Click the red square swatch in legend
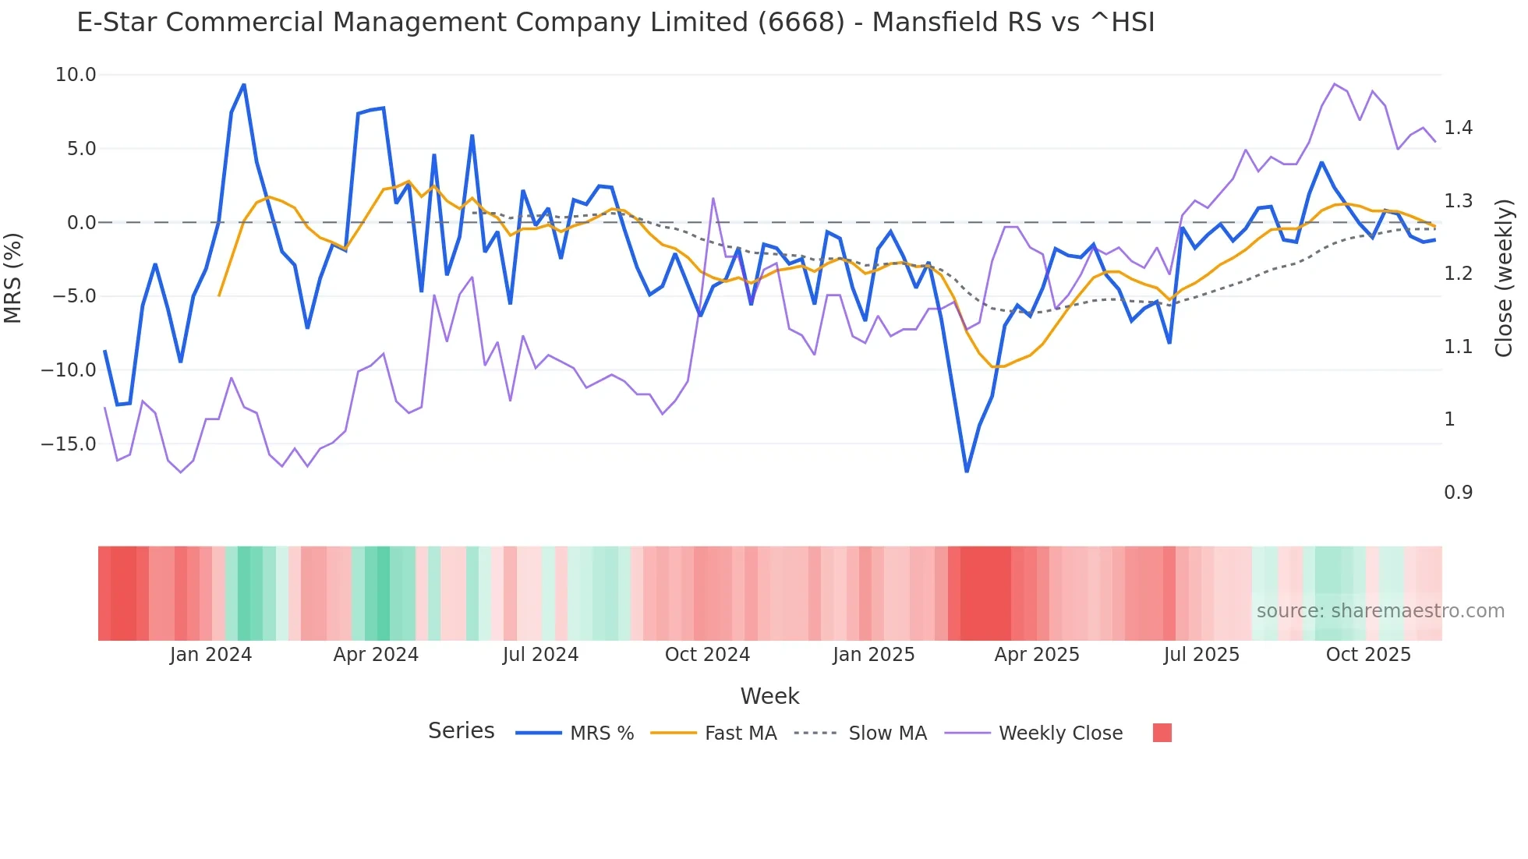tap(1162, 733)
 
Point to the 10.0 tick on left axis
tap(76, 75)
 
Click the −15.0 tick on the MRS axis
tap(69, 444)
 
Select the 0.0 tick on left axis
tap(81, 223)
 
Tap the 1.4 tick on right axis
tap(1458, 128)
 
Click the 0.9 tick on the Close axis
tap(1458, 493)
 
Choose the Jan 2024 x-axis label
tap(210, 655)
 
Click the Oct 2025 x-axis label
tap(1368, 655)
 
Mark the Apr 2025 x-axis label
tap(1037, 655)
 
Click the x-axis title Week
tap(769, 696)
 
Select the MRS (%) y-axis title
tap(13, 277)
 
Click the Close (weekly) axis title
tap(1504, 277)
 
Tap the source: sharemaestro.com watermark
tap(1380, 611)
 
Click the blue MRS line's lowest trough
tap(967, 471)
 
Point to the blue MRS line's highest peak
tap(244, 85)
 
